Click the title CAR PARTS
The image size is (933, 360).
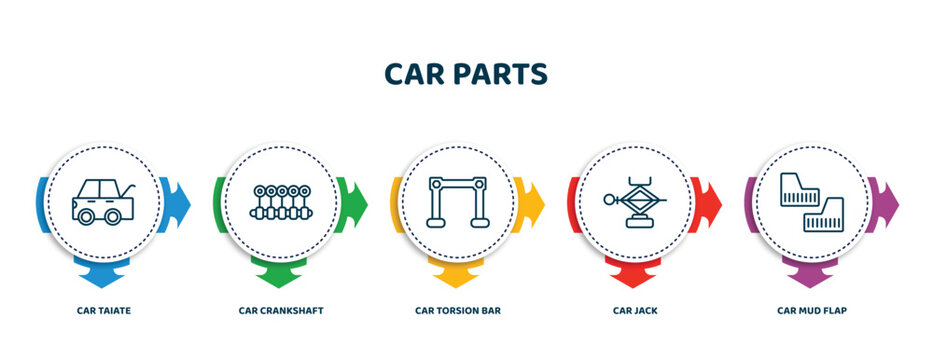tap(466, 75)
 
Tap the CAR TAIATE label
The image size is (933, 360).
tap(104, 311)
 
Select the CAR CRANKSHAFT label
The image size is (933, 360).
tap(281, 311)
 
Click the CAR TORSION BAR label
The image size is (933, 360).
tap(458, 311)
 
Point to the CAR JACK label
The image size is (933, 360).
tap(635, 311)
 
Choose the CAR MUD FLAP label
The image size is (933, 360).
tap(812, 311)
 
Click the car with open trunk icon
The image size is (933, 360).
tap(103, 202)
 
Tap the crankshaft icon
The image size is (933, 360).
tap(281, 203)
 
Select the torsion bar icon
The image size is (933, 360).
tap(458, 202)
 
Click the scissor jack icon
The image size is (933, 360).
tap(635, 202)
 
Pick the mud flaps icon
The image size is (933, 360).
tap(812, 202)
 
